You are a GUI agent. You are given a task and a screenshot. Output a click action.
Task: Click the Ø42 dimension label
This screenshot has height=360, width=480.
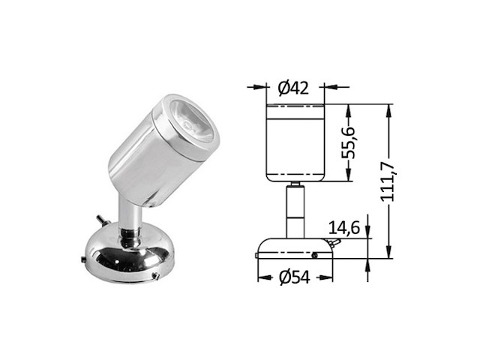[296, 88]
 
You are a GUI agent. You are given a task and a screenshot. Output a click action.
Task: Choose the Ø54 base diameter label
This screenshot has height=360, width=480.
[294, 278]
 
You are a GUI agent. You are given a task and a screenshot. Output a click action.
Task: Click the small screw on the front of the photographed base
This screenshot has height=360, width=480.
[154, 276]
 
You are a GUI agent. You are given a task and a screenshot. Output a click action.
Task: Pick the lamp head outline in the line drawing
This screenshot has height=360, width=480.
[295, 142]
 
